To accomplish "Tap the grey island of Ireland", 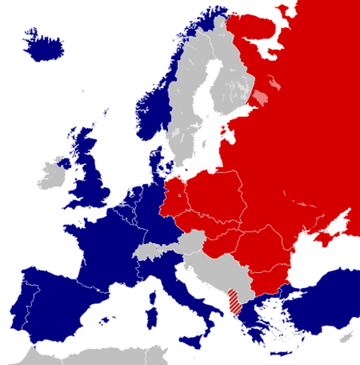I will (54, 173).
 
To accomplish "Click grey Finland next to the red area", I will (228, 76).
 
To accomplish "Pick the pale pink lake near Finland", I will (261, 98).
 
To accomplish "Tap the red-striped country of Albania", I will (236, 301).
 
